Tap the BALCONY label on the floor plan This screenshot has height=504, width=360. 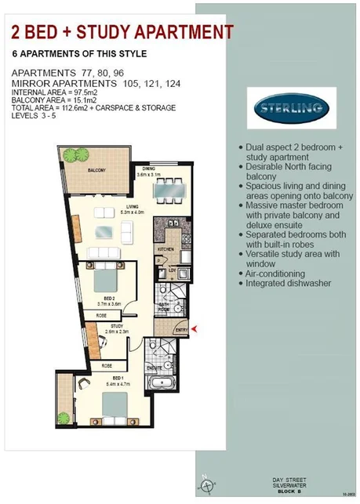[96, 170]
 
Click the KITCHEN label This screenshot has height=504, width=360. [165, 249]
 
